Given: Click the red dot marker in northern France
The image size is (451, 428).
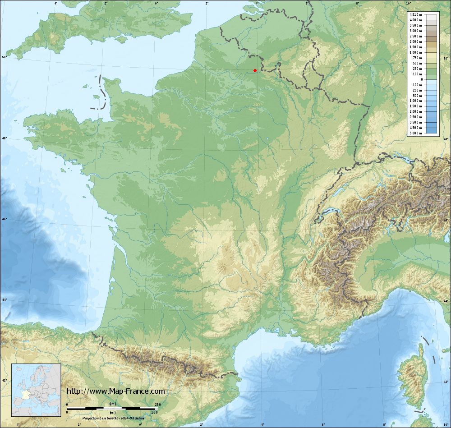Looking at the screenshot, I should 255,70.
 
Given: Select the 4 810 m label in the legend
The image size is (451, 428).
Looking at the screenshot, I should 416,14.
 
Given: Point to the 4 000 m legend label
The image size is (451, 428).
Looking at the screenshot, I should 416,20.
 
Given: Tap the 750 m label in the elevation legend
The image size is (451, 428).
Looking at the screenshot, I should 417,58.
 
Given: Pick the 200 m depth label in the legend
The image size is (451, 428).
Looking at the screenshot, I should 417,90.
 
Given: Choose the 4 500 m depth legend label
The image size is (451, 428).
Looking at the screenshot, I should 416,128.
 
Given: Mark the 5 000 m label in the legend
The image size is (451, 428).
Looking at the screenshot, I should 416,133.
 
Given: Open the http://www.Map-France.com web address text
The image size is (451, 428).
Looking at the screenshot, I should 116,391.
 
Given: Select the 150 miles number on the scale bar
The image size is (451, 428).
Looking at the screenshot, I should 155,412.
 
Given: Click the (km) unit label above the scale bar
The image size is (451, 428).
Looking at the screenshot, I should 112,404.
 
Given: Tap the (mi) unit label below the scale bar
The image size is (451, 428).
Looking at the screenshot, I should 112,412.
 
